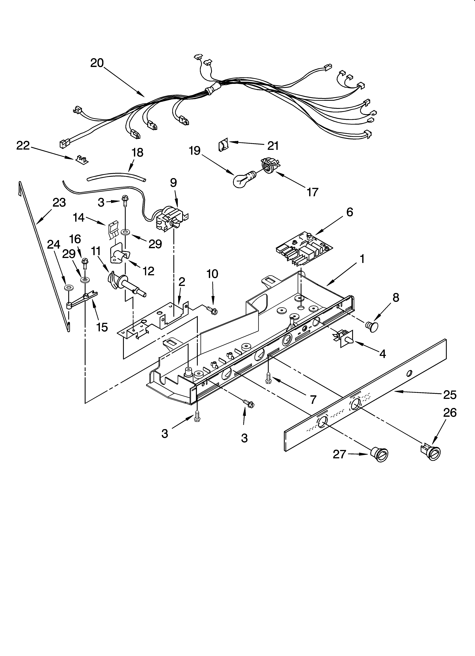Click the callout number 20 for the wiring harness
click(97, 63)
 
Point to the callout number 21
click(273, 146)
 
